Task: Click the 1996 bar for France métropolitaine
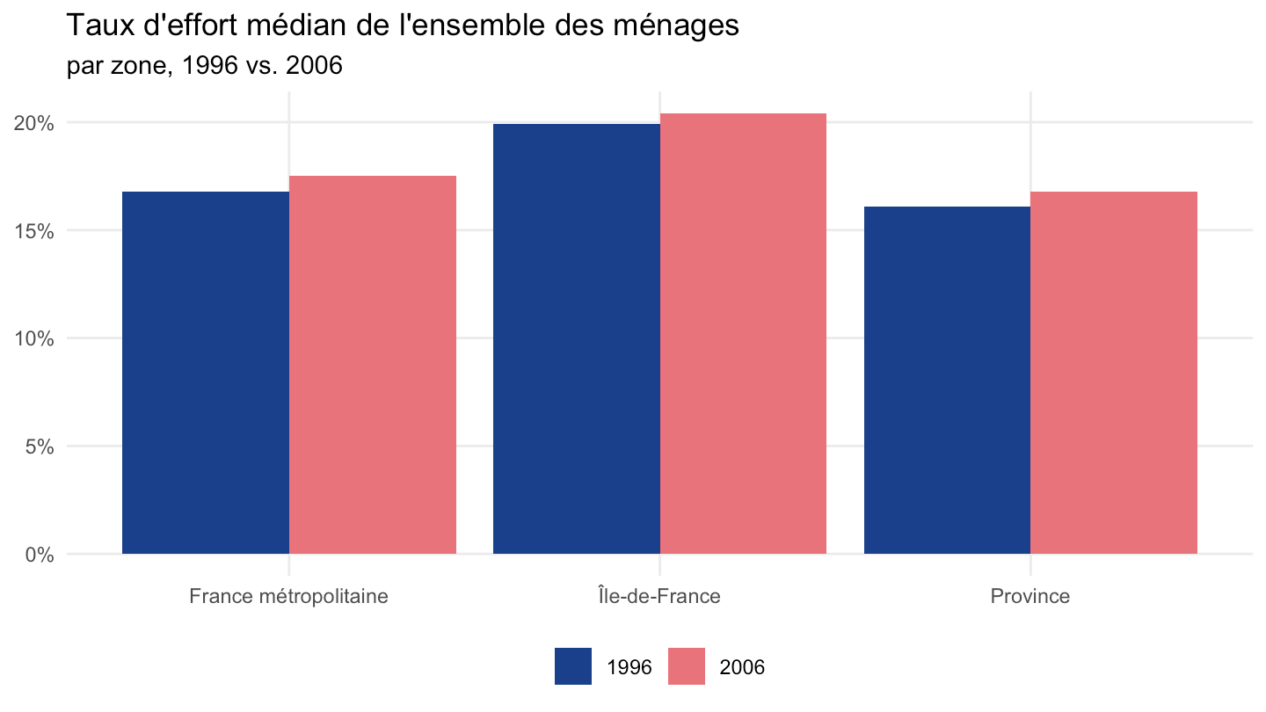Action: pos(206,373)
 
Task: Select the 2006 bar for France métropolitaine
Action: pos(373,365)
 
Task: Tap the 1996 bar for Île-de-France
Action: pos(577,339)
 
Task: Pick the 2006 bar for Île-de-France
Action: pos(743,334)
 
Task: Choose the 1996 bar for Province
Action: pos(947,381)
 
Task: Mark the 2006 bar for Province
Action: pos(1113,373)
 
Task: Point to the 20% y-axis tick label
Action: pos(34,123)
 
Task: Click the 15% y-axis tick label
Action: pos(34,231)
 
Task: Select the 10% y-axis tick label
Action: pos(34,339)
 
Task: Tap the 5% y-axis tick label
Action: pos(40,447)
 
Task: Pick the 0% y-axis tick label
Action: pos(40,555)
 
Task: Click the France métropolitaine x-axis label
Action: pos(288,596)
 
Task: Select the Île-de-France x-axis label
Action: pos(659,596)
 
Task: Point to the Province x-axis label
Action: pos(1030,596)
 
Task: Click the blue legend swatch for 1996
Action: pos(573,666)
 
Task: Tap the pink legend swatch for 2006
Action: pos(687,666)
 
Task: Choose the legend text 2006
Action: pos(742,667)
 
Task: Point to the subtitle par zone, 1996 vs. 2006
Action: pos(205,66)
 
